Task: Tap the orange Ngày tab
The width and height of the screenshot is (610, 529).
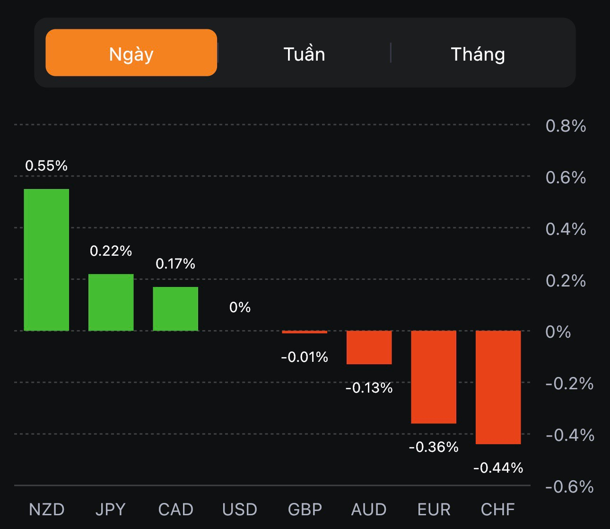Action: pos(131,53)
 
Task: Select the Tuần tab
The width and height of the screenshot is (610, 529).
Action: pos(304,54)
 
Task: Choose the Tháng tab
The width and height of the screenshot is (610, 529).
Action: pos(478,54)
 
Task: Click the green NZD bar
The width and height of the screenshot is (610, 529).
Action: pos(46,260)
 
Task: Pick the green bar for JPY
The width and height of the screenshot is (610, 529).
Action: pos(111,302)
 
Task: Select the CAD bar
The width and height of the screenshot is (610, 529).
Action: pos(175,309)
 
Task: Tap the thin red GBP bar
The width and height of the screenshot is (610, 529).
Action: pos(305,332)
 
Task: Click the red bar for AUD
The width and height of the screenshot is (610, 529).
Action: pos(369,347)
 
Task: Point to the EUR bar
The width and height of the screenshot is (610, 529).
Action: pos(434,377)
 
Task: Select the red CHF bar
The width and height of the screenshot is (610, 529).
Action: pos(498,387)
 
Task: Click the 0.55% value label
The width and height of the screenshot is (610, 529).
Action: pos(46,166)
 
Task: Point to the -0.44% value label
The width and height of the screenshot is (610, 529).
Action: pos(498,468)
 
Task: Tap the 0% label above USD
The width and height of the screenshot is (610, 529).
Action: pos(240,307)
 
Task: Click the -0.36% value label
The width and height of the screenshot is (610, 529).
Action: pos(434,447)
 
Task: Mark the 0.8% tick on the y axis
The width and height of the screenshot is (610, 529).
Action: pos(566,126)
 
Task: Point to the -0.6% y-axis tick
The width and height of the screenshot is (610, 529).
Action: pos(569,486)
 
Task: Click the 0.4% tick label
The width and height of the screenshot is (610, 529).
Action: pos(566,229)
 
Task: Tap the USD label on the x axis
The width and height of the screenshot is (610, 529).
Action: pos(240,510)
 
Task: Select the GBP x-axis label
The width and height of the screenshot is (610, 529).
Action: pos(305,510)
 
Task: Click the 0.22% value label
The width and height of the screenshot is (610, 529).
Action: pos(111,251)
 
